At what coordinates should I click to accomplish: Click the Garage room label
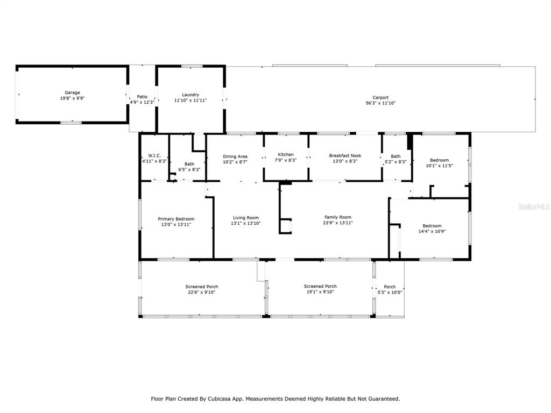(x=73, y=92)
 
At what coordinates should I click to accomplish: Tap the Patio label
(x=142, y=97)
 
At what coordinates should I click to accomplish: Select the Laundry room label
(x=190, y=95)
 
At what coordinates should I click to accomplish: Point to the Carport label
(x=380, y=98)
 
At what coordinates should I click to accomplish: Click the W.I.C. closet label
(x=154, y=155)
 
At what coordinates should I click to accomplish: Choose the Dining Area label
(x=235, y=156)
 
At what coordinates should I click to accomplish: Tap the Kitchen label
(x=286, y=154)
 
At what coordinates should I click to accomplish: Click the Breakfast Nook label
(x=345, y=155)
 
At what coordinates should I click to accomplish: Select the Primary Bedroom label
(x=176, y=219)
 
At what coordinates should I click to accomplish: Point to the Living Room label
(x=245, y=218)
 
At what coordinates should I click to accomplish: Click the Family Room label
(x=338, y=217)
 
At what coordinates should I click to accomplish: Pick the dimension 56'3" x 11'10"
(x=380, y=103)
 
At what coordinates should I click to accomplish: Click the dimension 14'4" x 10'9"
(x=432, y=231)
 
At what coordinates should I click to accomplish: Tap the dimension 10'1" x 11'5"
(x=439, y=166)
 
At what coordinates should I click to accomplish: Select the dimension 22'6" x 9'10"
(x=202, y=292)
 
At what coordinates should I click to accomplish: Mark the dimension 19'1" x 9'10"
(x=320, y=292)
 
